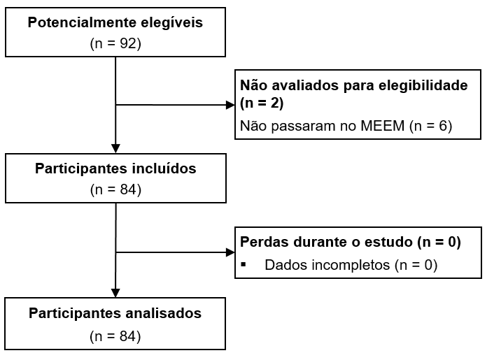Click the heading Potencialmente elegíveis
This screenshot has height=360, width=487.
tap(115, 22)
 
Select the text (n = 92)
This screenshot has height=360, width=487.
tap(115, 43)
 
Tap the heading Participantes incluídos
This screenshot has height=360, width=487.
tap(115, 168)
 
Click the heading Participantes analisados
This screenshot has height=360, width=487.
tap(115, 313)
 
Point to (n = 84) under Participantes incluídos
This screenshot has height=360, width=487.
tap(115, 189)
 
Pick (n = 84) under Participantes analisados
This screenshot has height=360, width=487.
tap(115, 336)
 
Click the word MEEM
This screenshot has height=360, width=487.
tap(369, 126)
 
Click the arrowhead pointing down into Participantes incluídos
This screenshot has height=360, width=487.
tap(115, 147)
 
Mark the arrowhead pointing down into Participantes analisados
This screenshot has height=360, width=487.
tap(115, 291)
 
